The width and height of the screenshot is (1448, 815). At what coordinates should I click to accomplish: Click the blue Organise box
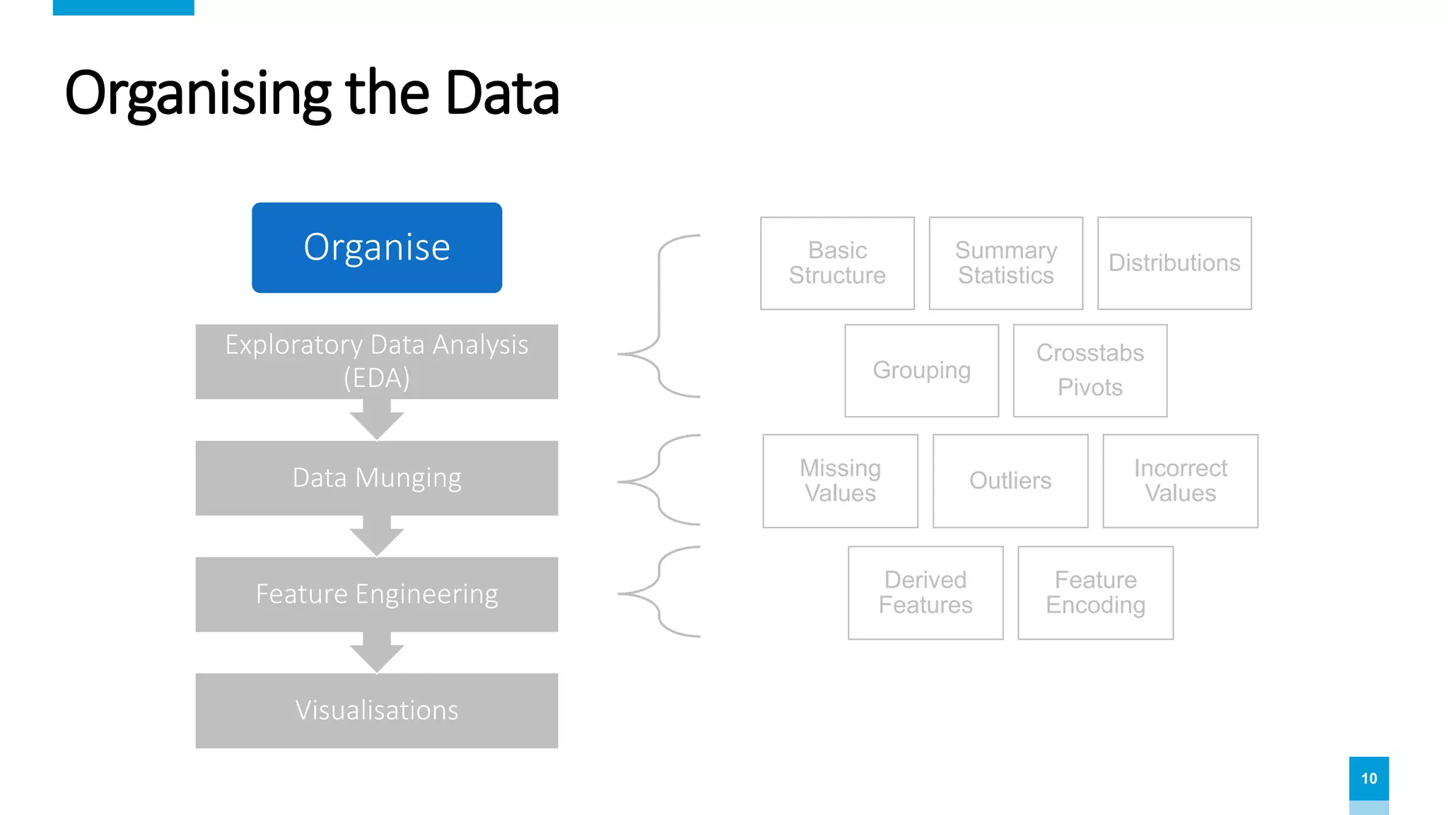[377, 248]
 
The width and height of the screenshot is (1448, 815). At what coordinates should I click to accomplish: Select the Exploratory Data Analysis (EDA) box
[377, 362]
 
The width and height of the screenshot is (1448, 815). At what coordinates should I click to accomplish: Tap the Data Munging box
[377, 478]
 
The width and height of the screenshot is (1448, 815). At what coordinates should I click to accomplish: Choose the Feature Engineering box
[377, 594]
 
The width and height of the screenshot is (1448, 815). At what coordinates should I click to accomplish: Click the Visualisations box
[377, 710]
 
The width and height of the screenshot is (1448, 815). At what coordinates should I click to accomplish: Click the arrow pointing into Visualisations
[377, 653]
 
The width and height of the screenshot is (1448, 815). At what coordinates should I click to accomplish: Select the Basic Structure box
[837, 263]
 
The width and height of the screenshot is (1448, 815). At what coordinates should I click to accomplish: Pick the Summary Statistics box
[1005, 263]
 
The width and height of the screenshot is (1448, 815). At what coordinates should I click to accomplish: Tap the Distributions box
[1174, 263]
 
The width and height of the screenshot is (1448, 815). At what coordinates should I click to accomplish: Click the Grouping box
[921, 371]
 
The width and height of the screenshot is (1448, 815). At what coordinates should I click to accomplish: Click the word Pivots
[1090, 388]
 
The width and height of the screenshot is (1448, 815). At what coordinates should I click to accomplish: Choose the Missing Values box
[840, 481]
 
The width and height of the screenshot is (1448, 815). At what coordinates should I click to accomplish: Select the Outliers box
[1010, 481]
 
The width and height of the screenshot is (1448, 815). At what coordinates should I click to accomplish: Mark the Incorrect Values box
[1180, 481]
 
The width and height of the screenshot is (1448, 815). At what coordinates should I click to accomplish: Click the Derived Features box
[926, 593]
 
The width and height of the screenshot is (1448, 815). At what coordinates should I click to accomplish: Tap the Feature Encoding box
[1095, 593]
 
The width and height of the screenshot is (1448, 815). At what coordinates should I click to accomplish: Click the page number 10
[1369, 778]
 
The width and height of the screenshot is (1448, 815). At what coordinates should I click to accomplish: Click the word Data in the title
[502, 93]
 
